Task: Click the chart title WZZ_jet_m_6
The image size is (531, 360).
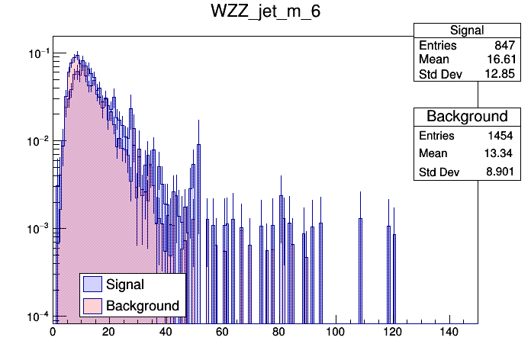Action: coord(265,14)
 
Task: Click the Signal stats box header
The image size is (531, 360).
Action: coord(466,31)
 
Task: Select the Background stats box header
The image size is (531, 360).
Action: coord(466,117)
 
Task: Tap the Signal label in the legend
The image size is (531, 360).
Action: coord(125,284)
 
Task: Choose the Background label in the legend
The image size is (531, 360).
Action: coord(143,306)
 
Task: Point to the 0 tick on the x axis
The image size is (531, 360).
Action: coord(53,333)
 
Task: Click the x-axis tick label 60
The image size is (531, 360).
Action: coord(223,333)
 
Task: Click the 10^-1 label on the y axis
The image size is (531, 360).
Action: coord(36,53)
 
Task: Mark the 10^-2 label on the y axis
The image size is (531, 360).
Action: coord(36,141)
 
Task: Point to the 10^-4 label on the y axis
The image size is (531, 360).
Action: coord(36,316)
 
